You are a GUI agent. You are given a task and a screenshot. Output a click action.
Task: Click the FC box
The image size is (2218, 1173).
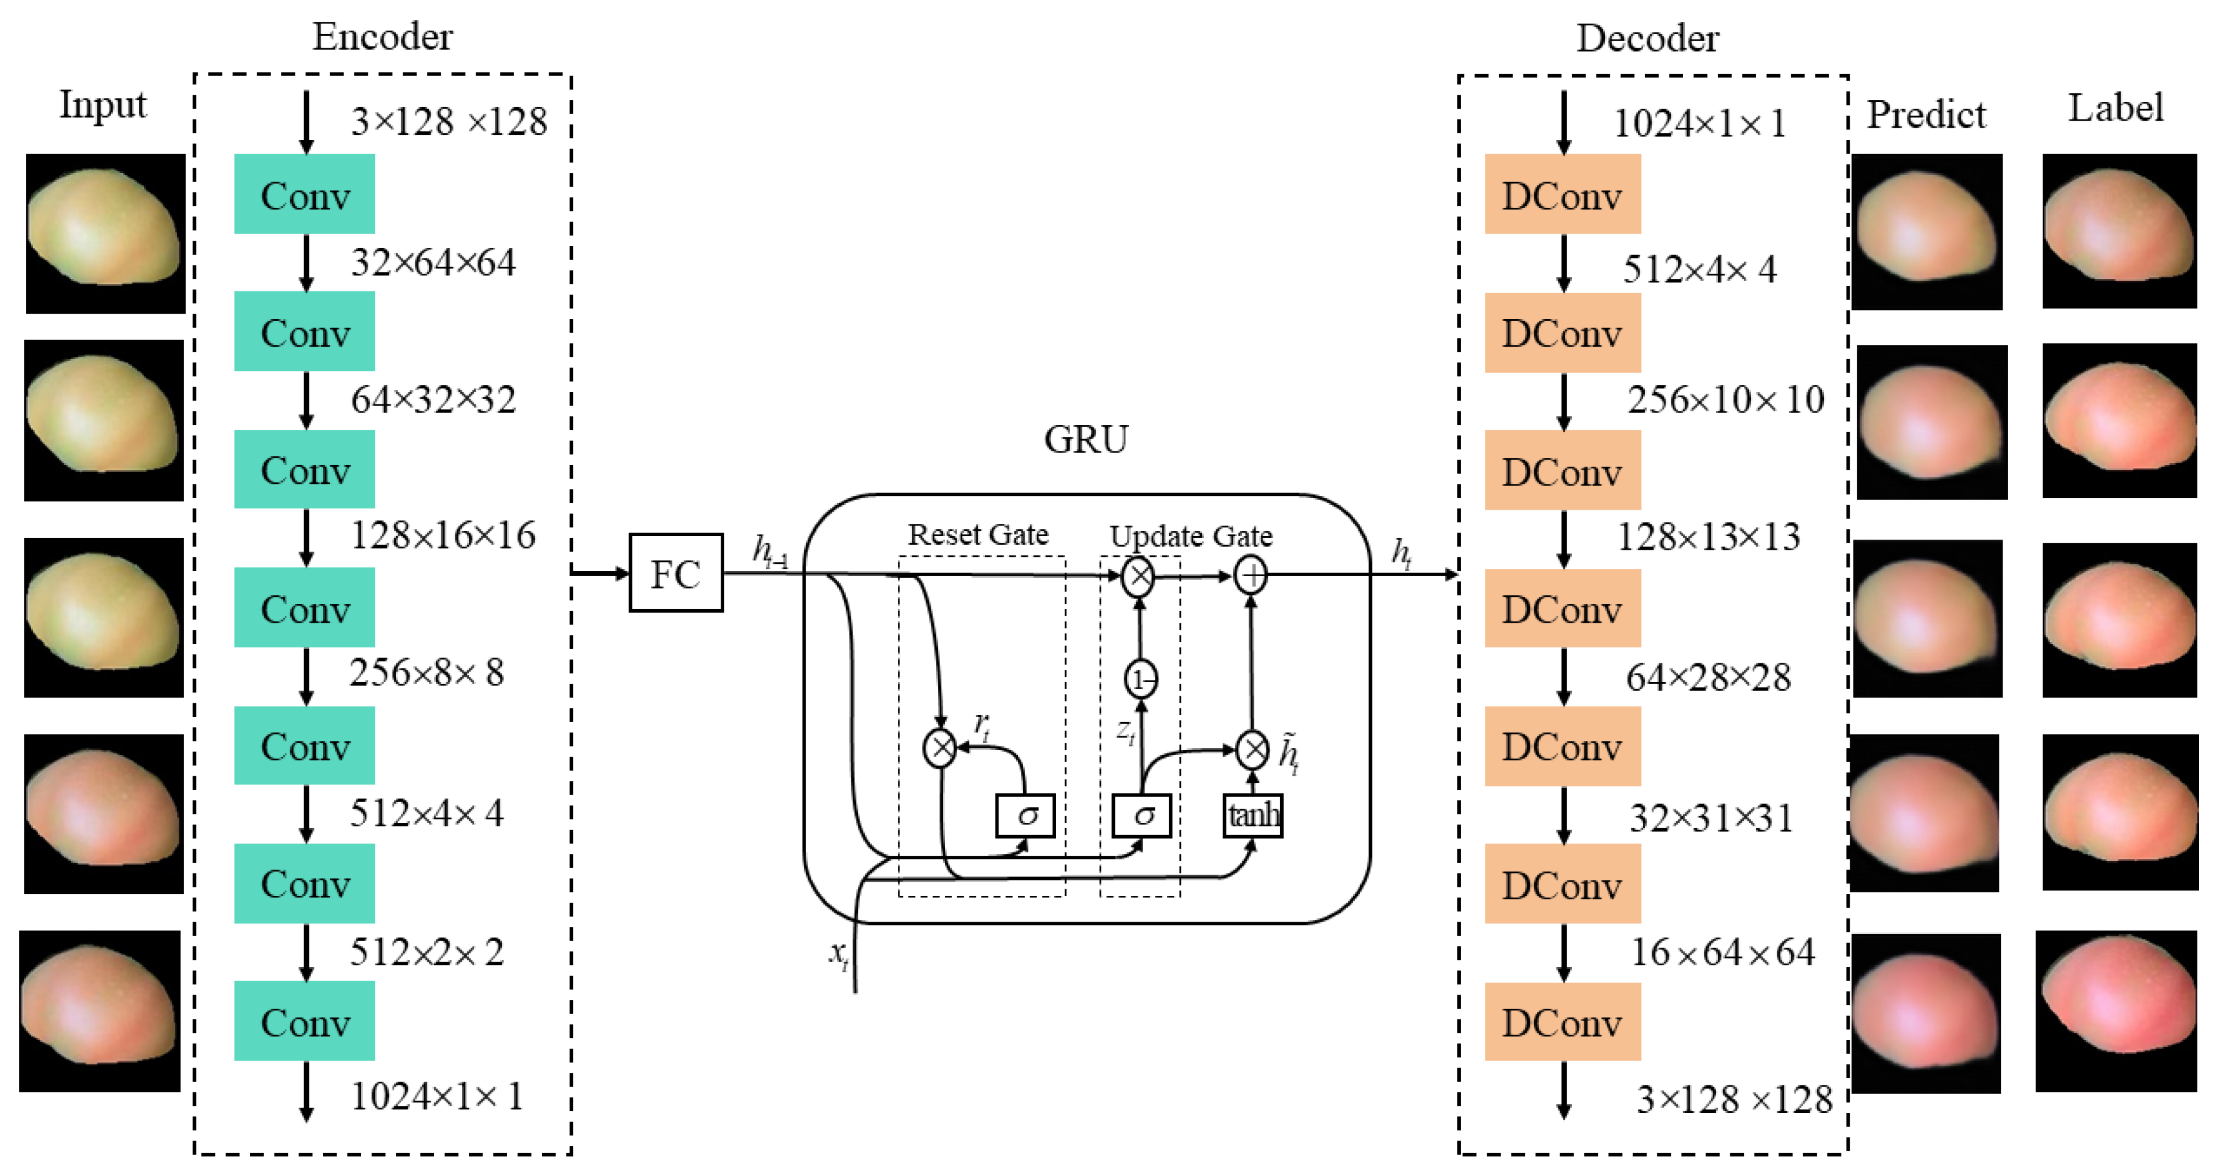(676, 574)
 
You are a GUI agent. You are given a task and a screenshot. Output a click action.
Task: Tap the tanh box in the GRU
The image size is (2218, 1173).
(1253, 815)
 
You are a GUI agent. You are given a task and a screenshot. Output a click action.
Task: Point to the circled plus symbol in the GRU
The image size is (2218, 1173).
(1250, 575)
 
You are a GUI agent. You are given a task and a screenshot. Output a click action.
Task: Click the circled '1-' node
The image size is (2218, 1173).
(1141, 680)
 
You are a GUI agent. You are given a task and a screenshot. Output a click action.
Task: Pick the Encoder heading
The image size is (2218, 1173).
(382, 37)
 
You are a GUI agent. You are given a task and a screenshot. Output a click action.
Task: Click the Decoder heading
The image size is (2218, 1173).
(1647, 39)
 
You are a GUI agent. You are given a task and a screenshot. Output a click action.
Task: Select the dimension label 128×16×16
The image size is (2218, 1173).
(442, 536)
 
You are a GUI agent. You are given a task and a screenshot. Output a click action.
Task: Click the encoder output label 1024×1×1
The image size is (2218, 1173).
(437, 1096)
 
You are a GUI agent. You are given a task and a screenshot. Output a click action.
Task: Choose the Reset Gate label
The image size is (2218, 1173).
(978, 535)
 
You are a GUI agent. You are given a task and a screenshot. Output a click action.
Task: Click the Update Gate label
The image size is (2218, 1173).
(1191, 537)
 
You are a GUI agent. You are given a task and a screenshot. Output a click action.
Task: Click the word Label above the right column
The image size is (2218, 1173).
(2116, 108)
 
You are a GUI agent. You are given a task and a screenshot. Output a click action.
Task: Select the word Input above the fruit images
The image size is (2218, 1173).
(102, 105)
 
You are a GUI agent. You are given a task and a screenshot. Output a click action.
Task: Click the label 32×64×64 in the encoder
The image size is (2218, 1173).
(433, 262)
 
